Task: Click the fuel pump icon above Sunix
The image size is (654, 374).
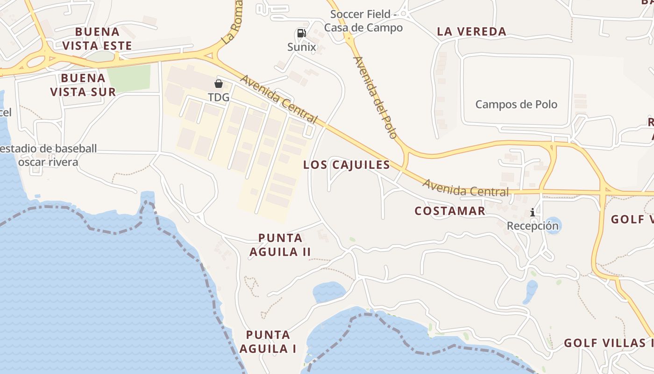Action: click(x=302, y=33)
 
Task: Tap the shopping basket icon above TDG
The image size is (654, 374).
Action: click(x=218, y=84)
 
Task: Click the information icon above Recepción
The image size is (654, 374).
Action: click(x=533, y=213)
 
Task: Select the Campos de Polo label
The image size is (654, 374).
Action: click(x=516, y=104)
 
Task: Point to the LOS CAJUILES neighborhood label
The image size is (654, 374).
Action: click(x=346, y=165)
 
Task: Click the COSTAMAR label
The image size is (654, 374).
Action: click(x=450, y=211)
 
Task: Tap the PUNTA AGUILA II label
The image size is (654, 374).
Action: click(x=280, y=245)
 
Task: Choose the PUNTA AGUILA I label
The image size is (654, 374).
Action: click(x=268, y=342)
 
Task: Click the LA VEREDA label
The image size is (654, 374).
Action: click(x=471, y=32)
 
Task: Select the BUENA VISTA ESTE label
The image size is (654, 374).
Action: click(x=97, y=39)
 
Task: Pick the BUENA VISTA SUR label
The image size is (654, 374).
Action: click(x=83, y=85)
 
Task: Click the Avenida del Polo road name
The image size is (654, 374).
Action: click(x=375, y=97)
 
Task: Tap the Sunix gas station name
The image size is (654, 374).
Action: click(x=302, y=47)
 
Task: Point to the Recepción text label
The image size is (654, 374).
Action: click(x=533, y=226)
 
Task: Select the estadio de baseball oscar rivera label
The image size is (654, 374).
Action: click(x=48, y=156)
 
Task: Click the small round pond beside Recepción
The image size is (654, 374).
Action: click(x=553, y=225)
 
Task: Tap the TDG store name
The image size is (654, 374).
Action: click(x=218, y=97)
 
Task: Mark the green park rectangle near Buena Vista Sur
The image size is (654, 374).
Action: click(x=129, y=78)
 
